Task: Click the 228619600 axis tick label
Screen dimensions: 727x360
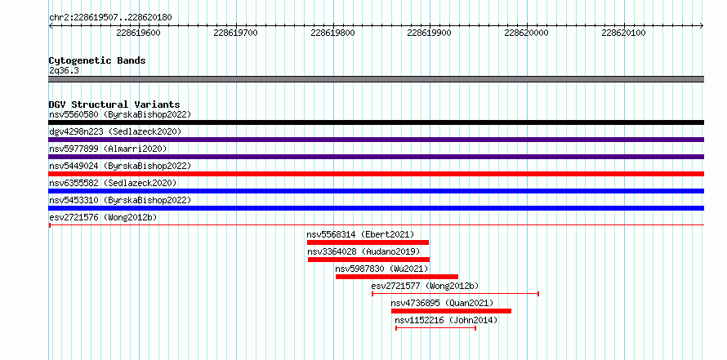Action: pyautogui.click(x=138, y=33)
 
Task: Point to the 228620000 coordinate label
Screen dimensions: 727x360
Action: pyautogui.click(x=526, y=33)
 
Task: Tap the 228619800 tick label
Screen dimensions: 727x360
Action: pyautogui.click(x=332, y=33)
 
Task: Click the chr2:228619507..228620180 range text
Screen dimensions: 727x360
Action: pyautogui.click(x=110, y=18)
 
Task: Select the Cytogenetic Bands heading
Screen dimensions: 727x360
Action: pyautogui.click(x=97, y=60)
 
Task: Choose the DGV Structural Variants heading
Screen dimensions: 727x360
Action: pyautogui.click(x=114, y=104)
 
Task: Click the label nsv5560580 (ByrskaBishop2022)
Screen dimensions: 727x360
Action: pyautogui.click(x=120, y=114)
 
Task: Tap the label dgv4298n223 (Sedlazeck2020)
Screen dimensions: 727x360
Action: pyautogui.click(x=115, y=131)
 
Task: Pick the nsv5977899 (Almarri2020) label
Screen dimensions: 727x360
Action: pyautogui.click(x=108, y=149)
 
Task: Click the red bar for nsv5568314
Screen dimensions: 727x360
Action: pyautogui.click(x=368, y=242)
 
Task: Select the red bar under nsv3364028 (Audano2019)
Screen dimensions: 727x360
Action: pyautogui.click(x=368, y=260)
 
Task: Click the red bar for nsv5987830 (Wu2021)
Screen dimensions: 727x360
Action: pyautogui.click(x=397, y=277)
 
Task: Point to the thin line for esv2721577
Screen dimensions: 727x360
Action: pyautogui.click(x=455, y=294)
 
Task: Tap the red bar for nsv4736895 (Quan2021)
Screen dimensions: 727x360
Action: pyautogui.click(x=451, y=311)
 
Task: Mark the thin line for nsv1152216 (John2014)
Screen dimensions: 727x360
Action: pyautogui.click(x=436, y=328)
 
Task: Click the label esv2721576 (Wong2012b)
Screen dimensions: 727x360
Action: pyautogui.click(x=103, y=217)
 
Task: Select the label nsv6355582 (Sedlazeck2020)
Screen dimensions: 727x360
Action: pyautogui.click(x=113, y=183)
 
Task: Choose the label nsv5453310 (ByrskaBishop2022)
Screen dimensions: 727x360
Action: pyautogui.click(x=120, y=200)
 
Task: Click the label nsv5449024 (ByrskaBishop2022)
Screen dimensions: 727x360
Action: pyautogui.click(x=120, y=166)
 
